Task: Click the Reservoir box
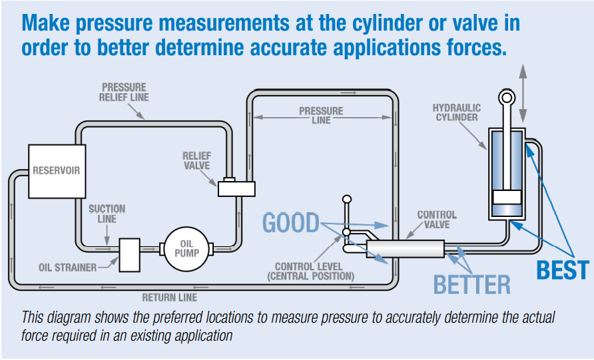click(x=57, y=170)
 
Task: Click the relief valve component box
click(x=236, y=188)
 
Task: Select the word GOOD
click(x=291, y=222)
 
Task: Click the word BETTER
click(x=471, y=284)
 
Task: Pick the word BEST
click(x=563, y=270)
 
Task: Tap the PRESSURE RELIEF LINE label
click(x=125, y=92)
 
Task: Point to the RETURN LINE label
click(x=170, y=297)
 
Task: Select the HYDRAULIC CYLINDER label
click(x=456, y=112)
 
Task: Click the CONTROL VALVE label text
click(x=437, y=220)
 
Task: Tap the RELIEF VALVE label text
click(x=196, y=161)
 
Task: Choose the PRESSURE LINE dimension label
click(x=321, y=115)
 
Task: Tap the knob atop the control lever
click(x=346, y=199)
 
